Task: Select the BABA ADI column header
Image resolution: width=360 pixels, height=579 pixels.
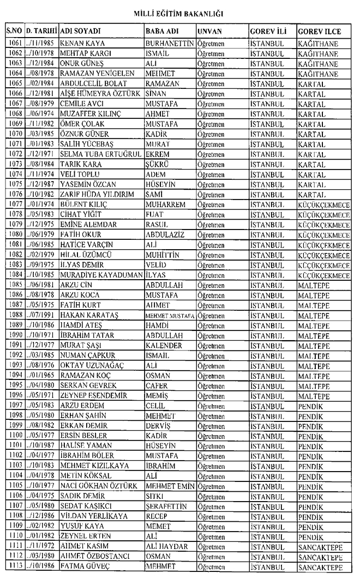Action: tap(163, 31)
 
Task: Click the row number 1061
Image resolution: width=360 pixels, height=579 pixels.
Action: tap(16, 43)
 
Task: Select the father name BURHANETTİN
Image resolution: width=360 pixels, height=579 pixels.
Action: tap(171, 43)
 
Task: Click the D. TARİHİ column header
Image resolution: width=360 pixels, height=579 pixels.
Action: tap(42, 31)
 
